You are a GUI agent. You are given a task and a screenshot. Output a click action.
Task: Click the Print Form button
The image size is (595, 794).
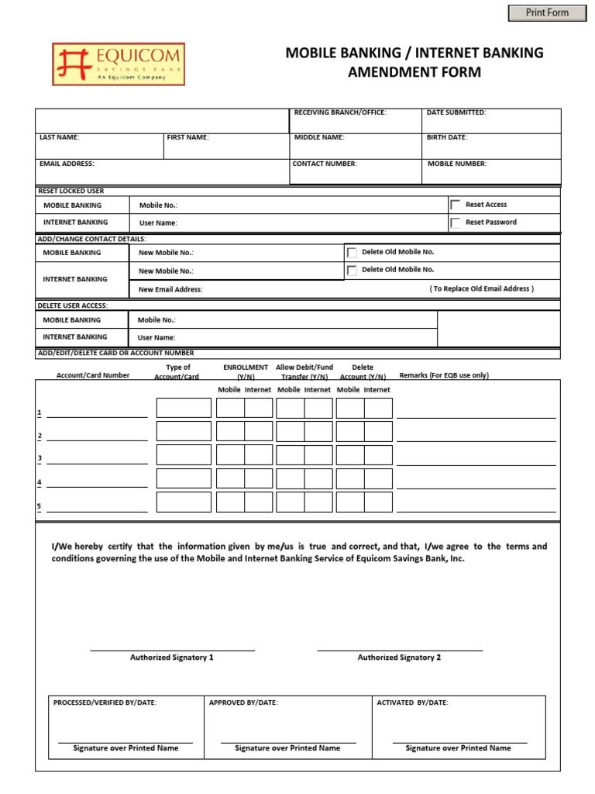(547, 12)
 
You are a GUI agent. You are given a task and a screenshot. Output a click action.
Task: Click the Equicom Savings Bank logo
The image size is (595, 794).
(119, 63)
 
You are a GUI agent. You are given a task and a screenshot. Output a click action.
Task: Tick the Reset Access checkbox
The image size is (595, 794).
(455, 205)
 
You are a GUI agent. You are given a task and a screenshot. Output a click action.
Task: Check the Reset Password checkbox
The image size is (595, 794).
(455, 223)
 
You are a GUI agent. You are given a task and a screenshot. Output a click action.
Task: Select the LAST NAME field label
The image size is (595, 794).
(60, 137)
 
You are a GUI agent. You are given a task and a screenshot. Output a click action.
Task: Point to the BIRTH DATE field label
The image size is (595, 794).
(447, 137)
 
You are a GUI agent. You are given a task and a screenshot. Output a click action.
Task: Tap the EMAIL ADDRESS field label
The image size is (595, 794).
(67, 164)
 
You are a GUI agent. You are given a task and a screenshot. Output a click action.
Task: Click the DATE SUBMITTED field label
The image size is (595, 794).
(456, 112)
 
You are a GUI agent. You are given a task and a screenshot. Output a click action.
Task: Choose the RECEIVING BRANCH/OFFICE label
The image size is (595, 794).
(340, 112)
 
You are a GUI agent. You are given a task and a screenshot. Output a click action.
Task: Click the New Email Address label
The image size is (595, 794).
(170, 289)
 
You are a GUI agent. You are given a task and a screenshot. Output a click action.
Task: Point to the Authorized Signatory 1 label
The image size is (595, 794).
(172, 658)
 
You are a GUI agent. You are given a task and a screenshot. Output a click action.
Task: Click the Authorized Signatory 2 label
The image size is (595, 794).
(399, 658)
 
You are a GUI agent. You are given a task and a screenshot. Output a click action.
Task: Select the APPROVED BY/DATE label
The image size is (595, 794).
(243, 703)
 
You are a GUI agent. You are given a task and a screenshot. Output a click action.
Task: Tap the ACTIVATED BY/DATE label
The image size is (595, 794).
(412, 703)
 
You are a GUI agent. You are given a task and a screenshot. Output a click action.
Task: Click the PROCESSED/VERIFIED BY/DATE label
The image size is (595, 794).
(105, 703)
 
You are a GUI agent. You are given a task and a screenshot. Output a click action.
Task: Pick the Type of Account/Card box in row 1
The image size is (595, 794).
(184, 408)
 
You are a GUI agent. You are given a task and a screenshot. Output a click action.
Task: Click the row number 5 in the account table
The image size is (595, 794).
(40, 507)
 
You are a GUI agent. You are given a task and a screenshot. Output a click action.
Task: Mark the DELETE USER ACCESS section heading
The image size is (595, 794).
(73, 306)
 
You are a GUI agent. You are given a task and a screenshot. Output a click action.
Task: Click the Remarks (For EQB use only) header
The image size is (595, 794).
(444, 375)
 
